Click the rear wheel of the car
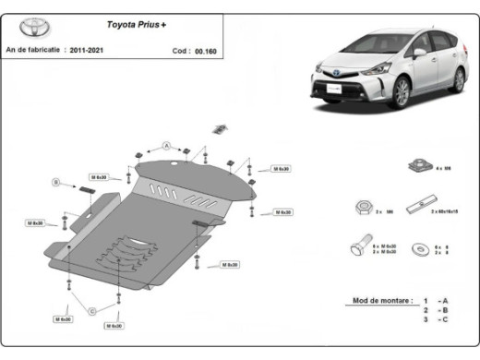tap(458, 79)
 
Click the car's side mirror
tap(420, 53)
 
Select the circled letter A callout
tap(167, 146)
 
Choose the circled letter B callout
tap(54, 183)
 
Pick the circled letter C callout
tap(91, 311)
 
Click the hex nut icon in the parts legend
tap(361, 208)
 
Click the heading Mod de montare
tap(378, 301)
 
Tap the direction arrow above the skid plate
tap(220, 127)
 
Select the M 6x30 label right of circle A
tap(256, 169)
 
